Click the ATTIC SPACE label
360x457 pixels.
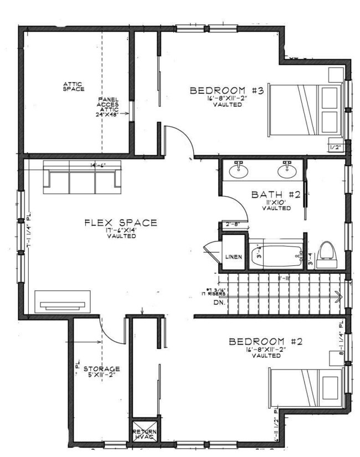(73, 86)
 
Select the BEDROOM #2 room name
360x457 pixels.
(266, 341)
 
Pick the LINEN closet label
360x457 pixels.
(233, 257)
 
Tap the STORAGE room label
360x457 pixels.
(102, 368)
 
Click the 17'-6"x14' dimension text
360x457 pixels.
(121, 230)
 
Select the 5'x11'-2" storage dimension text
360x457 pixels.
(102, 376)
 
